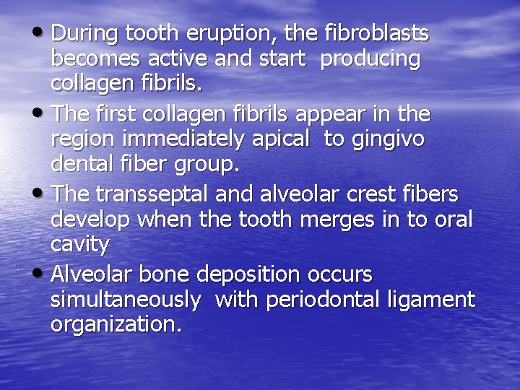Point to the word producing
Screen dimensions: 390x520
(x=370, y=59)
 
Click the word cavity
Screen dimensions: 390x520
(x=79, y=245)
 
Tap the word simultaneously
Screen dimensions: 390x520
(x=125, y=300)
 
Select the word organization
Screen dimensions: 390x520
(x=116, y=325)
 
